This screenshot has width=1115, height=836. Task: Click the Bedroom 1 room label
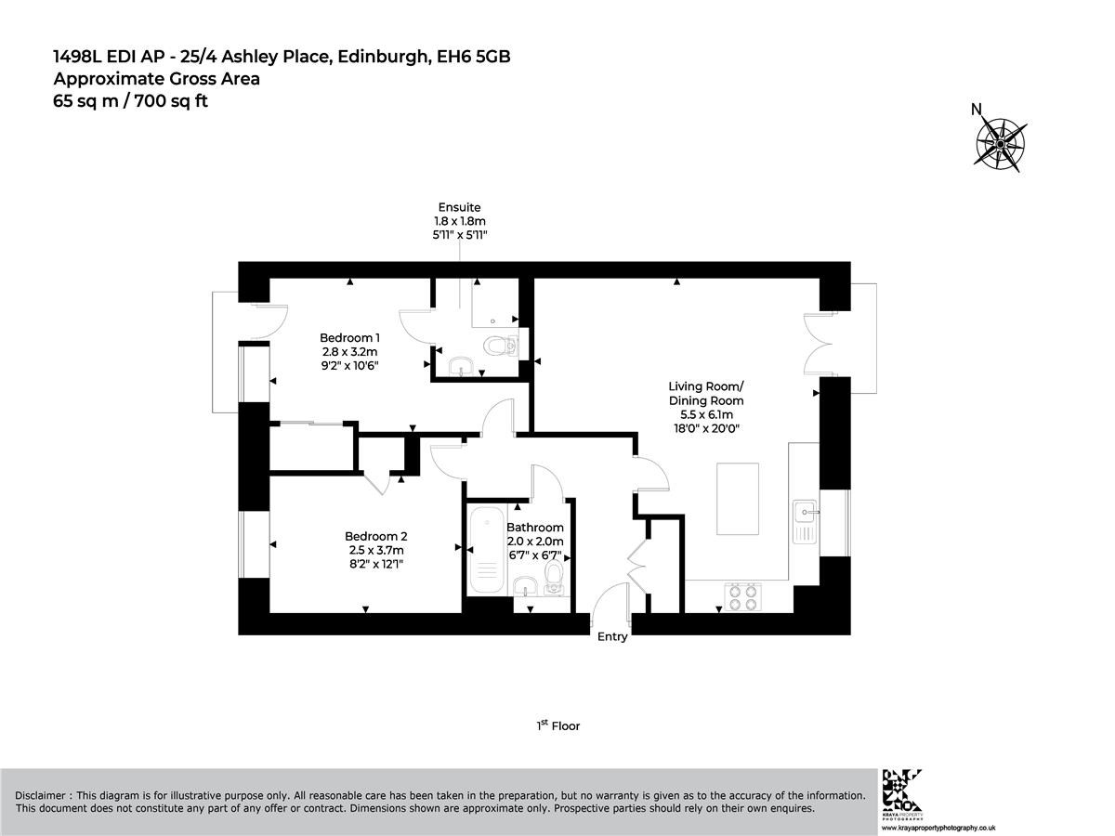click(349, 337)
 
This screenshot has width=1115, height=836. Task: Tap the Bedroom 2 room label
click(376, 536)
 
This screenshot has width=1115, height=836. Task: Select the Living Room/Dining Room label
click(706, 393)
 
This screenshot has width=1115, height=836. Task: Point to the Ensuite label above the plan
click(460, 207)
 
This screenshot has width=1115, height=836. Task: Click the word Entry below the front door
click(612, 636)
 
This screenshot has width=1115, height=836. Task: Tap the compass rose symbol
click(1000, 145)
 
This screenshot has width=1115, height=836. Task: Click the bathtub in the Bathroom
click(487, 549)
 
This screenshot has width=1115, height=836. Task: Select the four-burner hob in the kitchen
click(742, 597)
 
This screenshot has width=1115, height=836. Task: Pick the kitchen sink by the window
click(805, 521)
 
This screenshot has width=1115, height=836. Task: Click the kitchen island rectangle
click(738, 499)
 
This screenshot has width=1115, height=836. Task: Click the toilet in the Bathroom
click(554, 579)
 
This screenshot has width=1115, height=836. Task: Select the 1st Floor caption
click(557, 725)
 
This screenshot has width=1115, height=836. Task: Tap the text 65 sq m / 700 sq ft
click(131, 101)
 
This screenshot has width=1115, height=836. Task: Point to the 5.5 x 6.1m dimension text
click(706, 414)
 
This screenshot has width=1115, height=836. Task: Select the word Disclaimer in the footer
click(40, 796)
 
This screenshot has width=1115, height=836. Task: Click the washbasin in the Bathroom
click(526, 587)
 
